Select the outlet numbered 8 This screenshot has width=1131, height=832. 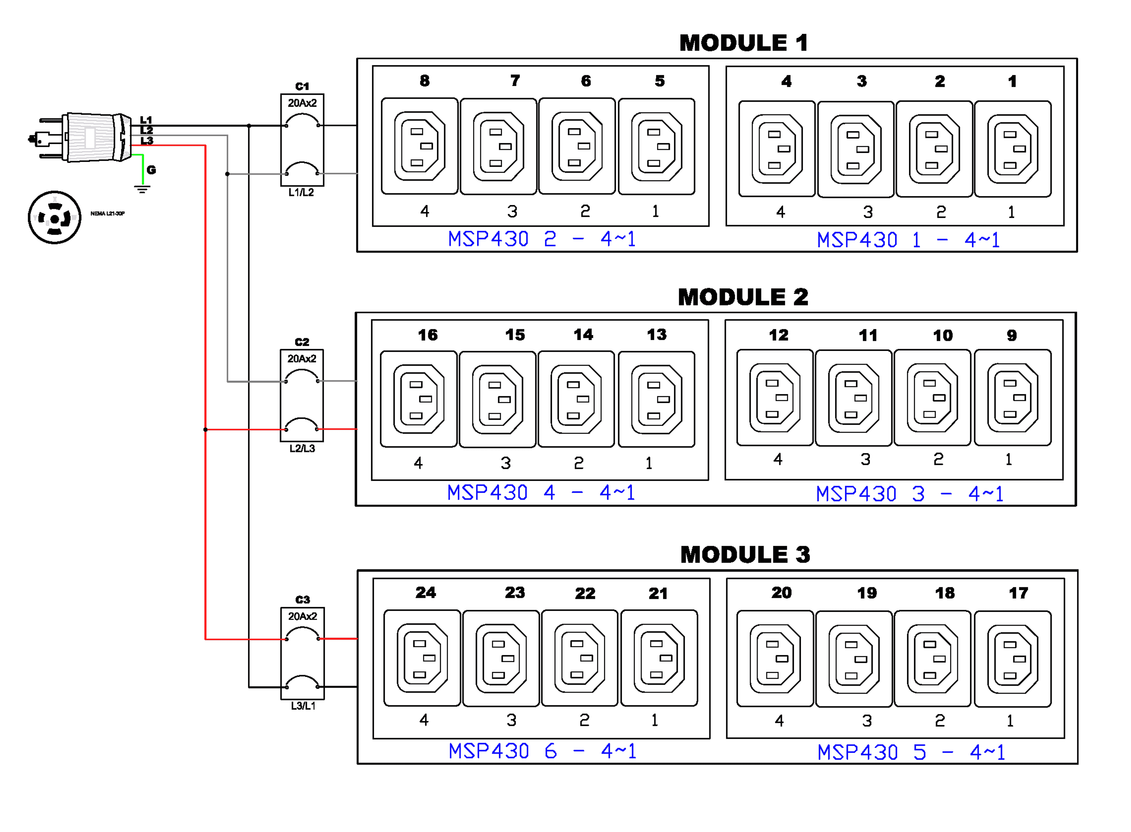[x=420, y=146]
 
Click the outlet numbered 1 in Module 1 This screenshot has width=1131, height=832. [x=1013, y=149]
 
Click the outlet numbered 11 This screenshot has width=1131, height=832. [x=854, y=398]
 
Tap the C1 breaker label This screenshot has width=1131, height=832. [x=302, y=86]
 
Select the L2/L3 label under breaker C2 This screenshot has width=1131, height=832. [x=302, y=448]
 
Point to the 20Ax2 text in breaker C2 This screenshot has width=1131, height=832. [x=302, y=359]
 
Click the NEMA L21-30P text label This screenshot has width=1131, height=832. [x=107, y=214]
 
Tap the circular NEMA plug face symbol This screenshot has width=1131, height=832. [x=54, y=218]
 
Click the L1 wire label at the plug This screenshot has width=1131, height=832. [x=146, y=120]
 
